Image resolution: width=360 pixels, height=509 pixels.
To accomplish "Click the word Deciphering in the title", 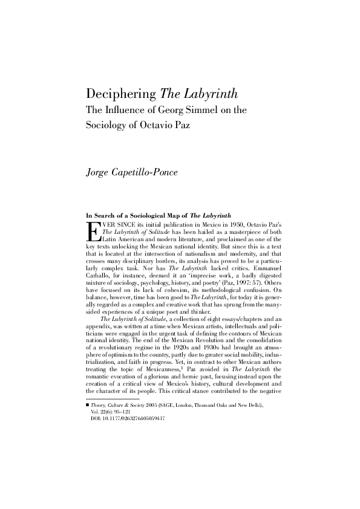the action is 122,95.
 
